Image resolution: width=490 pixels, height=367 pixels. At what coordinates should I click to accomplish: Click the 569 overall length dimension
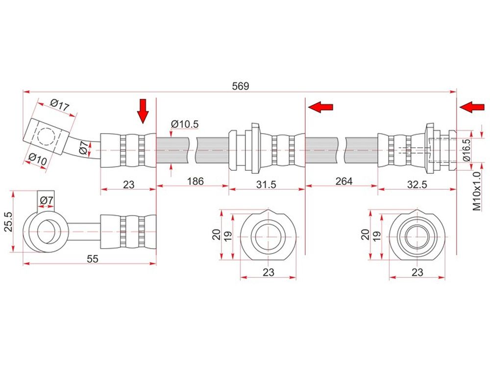240,86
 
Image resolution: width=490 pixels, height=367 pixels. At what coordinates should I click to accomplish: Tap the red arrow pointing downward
143,111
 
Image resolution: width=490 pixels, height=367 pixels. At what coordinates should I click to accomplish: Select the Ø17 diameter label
59,105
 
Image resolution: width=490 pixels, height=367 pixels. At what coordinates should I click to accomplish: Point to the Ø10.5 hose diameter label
185,124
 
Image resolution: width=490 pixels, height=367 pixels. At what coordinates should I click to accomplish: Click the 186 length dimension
196,182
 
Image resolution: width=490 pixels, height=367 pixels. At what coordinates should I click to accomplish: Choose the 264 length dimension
344,182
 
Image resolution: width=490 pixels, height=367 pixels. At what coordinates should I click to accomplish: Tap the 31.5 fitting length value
266,185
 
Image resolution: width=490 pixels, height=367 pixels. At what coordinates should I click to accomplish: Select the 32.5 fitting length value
417,185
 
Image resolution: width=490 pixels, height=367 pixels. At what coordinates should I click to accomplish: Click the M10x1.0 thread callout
477,191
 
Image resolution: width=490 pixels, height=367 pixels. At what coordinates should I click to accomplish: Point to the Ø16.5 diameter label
466,150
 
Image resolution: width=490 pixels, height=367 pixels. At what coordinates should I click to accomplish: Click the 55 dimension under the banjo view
93,259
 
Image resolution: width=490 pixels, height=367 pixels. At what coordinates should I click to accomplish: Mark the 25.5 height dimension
8,222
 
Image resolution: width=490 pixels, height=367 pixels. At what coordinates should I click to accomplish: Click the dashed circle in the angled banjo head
46,137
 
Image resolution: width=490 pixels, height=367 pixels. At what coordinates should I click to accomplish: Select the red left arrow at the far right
472,107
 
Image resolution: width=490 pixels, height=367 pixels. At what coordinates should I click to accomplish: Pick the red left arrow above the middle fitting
320,107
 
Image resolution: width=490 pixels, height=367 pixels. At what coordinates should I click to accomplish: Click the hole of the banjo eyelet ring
47,231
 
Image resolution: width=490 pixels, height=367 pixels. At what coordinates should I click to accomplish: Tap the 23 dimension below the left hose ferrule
128,185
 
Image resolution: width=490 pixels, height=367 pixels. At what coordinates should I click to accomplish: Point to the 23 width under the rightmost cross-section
417,273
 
